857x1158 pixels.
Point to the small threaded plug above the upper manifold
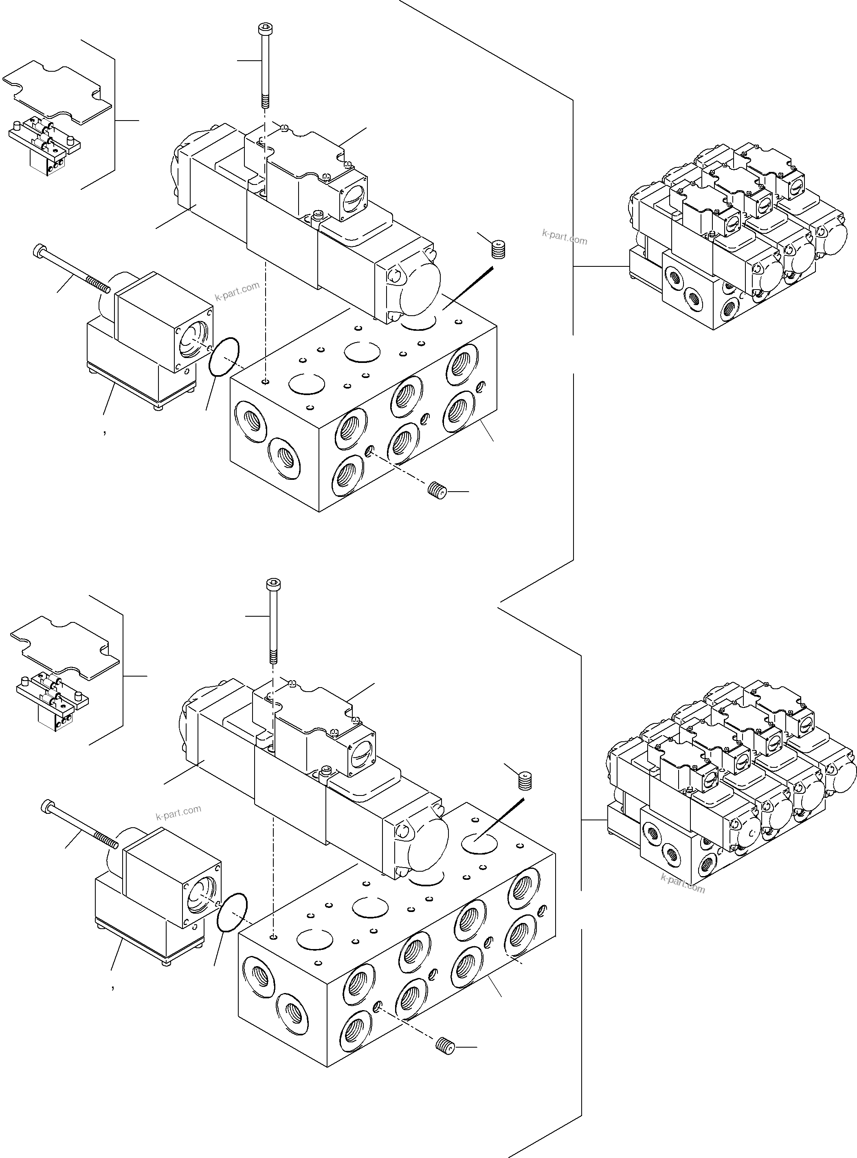coord(498,249)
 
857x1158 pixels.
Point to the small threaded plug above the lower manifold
coord(525,780)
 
